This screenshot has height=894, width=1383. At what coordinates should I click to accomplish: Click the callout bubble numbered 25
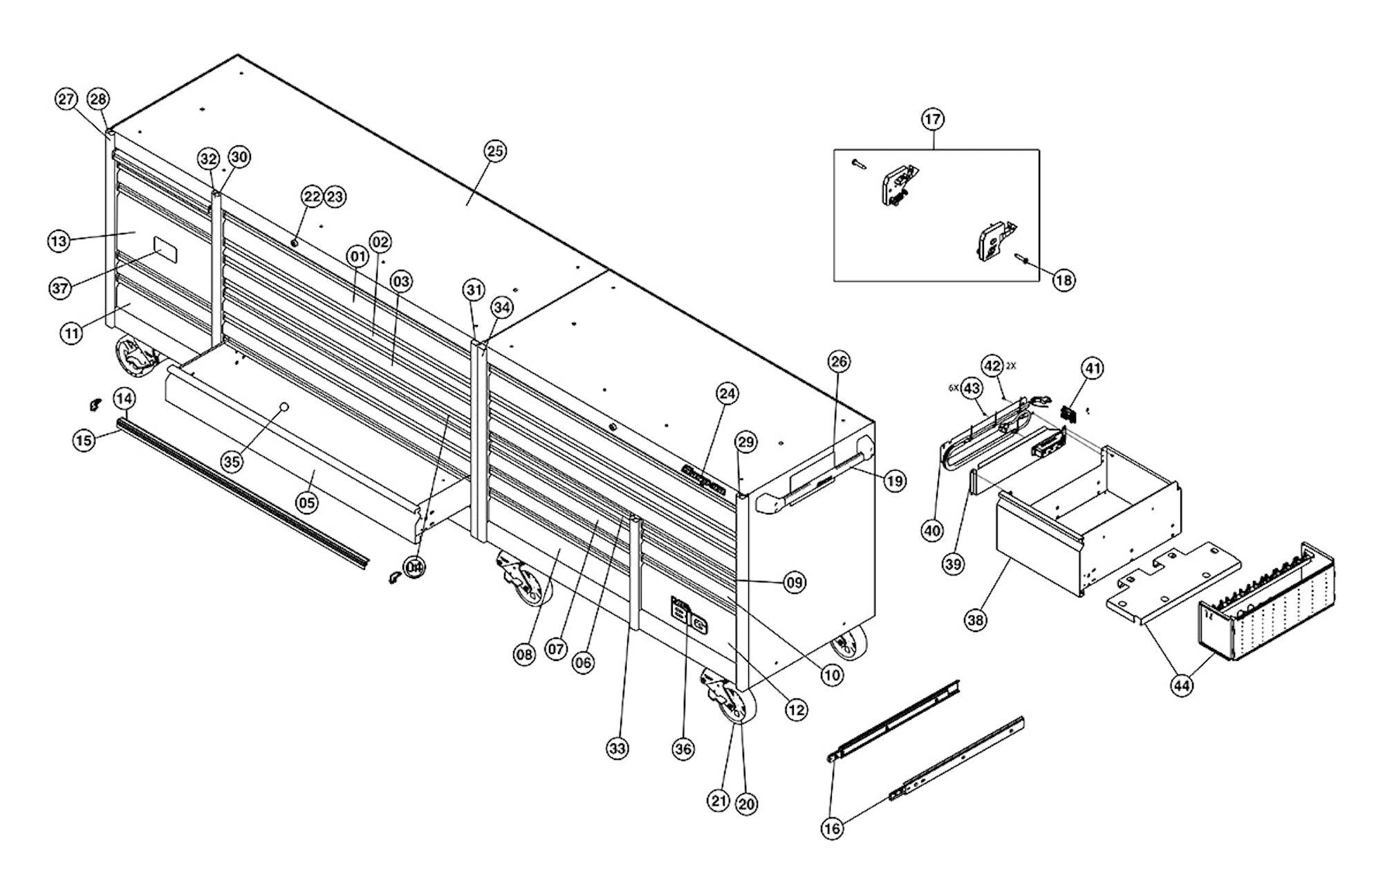point(495,151)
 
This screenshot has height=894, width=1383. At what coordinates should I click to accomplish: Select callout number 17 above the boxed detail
point(933,119)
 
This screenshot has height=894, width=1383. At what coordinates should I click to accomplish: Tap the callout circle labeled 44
point(1182,685)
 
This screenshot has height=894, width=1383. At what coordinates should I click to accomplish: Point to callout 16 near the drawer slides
point(833,828)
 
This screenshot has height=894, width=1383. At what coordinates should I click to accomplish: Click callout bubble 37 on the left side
point(60,287)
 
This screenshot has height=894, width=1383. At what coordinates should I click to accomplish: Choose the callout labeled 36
point(683,748)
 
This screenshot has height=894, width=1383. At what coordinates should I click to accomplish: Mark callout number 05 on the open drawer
point(307,502)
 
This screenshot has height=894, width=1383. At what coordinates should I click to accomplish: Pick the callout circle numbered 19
point(895,481)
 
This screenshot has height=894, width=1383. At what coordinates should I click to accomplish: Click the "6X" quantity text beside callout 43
point(954,389)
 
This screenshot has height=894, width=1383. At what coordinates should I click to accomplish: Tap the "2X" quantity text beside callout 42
point(1011,366)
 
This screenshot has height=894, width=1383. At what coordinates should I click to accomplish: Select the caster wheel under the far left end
point(135,357)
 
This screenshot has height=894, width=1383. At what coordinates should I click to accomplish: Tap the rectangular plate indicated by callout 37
point(165,250)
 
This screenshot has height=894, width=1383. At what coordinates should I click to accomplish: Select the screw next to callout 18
point(1021,259)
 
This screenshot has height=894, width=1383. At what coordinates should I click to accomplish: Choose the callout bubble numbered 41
point(1093,369)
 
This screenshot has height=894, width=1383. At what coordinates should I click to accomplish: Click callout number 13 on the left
point(59,241)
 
